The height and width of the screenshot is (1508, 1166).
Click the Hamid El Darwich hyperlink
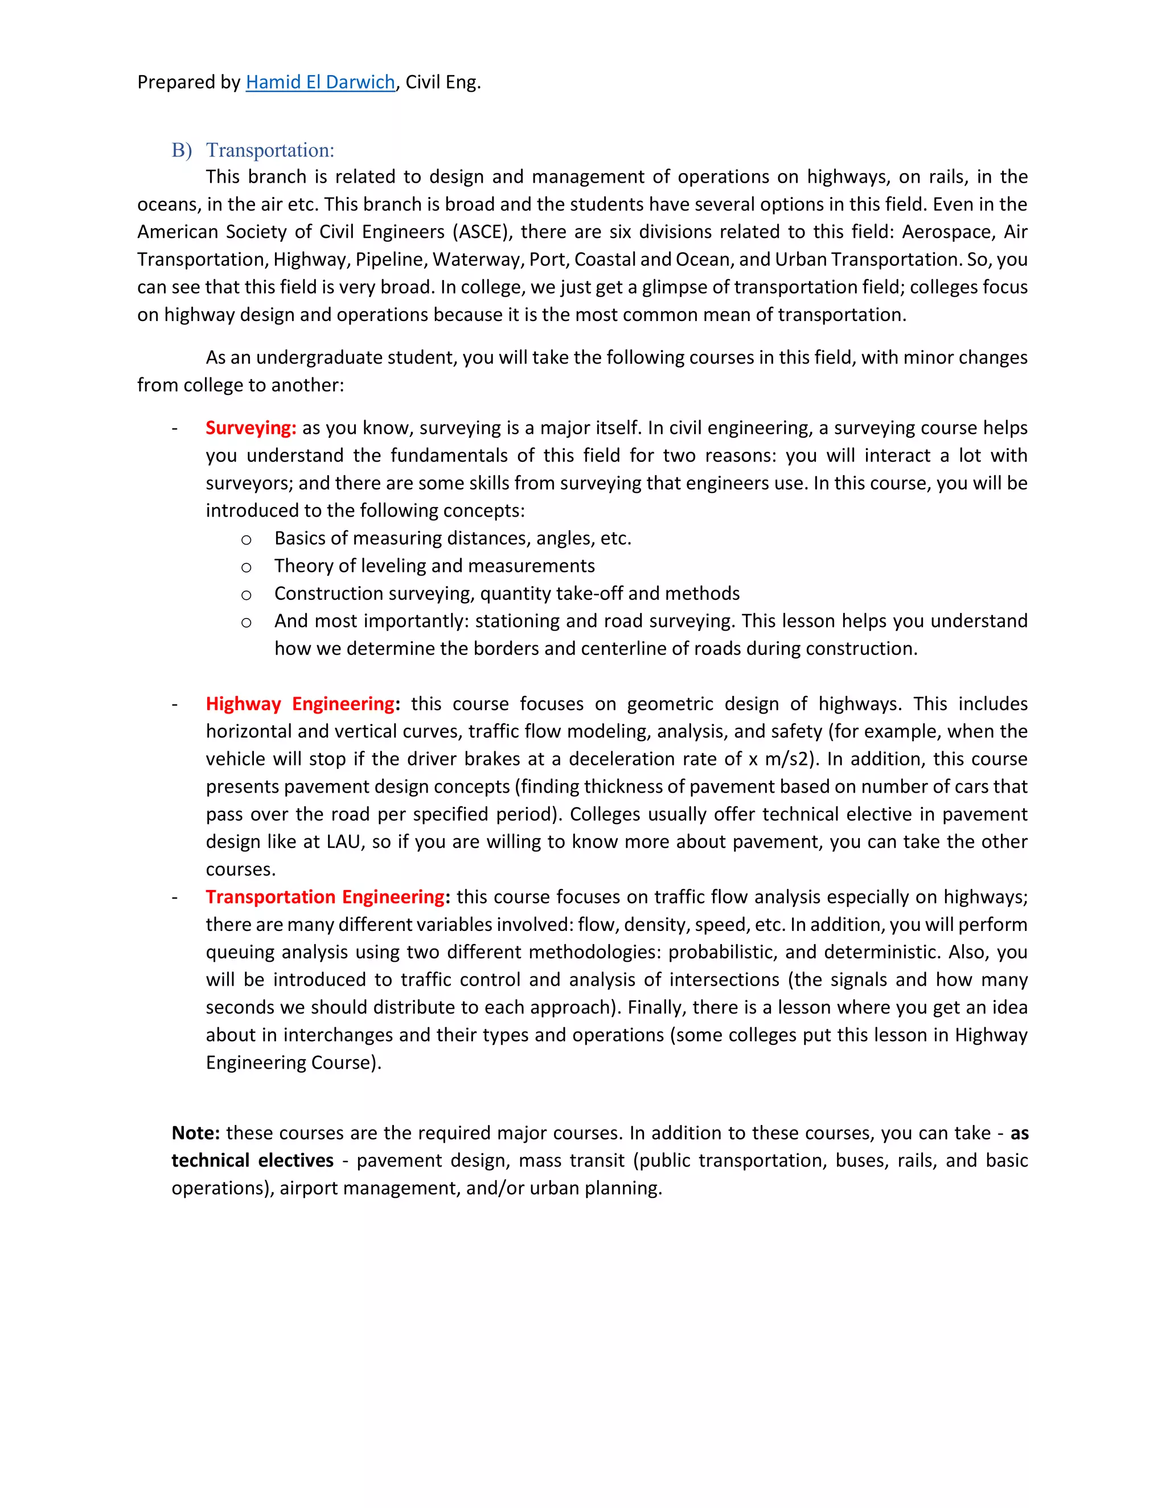click(x=320, y=82)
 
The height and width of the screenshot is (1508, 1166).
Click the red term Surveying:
click(x=251, y=427)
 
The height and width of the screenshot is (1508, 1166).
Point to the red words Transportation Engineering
click(x=325, y=897)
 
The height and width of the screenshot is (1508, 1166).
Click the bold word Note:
click(x=195, y=1133)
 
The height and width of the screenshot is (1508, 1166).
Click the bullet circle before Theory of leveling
click(x=246, y=567)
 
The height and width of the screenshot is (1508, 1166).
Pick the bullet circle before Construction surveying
click(x=246, y=595)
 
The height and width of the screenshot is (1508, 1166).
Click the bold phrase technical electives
click(x=252, y=1161)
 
